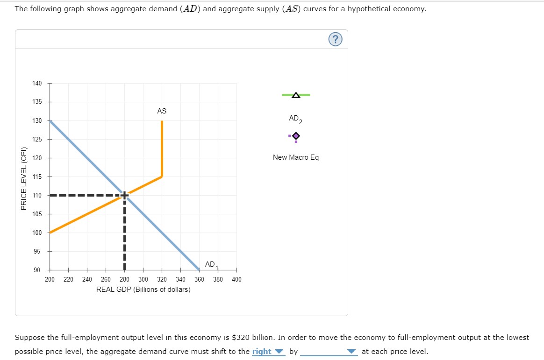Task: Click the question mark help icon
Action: click(335, 40)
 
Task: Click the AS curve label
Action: click(162, 111)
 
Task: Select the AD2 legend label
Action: click(295, 119)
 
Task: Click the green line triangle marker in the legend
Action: click(295, 95)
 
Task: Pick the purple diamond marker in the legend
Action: click(295, 136)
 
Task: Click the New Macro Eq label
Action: click(295, 157)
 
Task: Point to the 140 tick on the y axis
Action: click(37, 84)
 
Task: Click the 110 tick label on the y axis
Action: click(37, 195)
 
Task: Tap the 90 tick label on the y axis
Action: click(37, 270)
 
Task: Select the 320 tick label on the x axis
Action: click(162, 280)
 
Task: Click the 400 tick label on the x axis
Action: click(236, 280)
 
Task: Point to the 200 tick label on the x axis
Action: click(50, 280)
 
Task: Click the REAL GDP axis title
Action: click(143, 289)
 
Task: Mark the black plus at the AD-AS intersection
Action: click(124, 195)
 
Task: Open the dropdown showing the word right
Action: click(268, 352)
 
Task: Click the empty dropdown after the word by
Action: click(329, 352)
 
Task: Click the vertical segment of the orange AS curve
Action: click(162, 149)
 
